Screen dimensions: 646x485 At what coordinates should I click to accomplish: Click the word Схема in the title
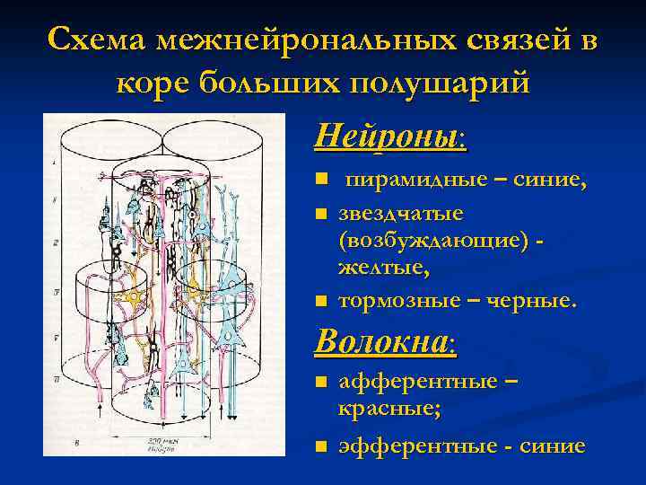(x=98, y=41)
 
